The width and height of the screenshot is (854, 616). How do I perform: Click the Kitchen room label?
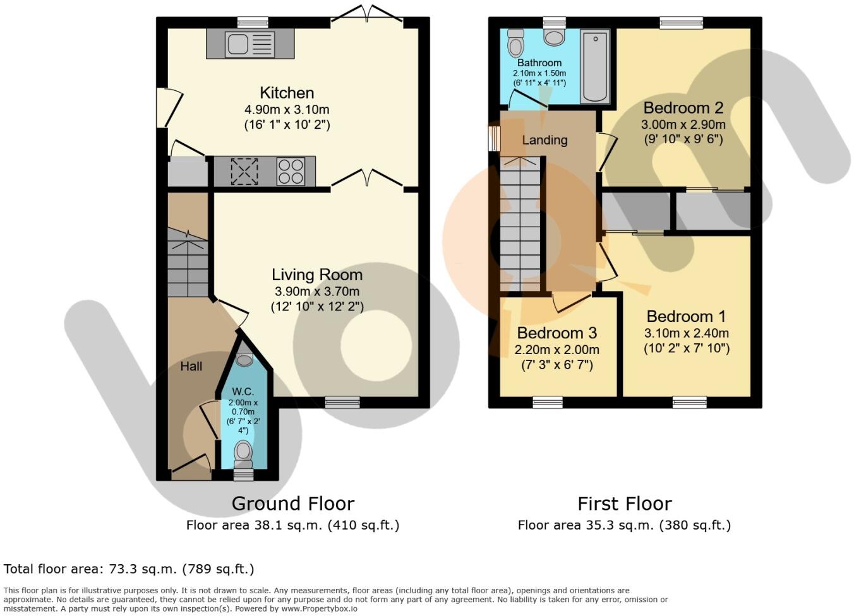click(287, 93)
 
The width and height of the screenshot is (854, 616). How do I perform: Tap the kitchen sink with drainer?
click(250, 44)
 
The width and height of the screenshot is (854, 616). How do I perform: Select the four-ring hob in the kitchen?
click(291, 171)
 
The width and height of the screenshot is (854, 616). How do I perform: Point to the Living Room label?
click(317, 275)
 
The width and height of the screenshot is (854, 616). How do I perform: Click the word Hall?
click(191, 366)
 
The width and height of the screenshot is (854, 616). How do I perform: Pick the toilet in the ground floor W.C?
click(243, 452)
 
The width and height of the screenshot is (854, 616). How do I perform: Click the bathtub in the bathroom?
click(594, 66)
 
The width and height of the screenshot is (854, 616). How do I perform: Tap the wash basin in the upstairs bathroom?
click(554, 37)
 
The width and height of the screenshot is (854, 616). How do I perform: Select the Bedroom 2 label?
click(683, 107)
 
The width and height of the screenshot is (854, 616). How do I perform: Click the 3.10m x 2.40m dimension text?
click(687, 333)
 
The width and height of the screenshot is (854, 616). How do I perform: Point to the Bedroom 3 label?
click(556, 333)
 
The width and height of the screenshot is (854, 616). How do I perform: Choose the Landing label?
click(544, 140)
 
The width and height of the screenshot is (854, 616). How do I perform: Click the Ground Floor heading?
click(292, 504)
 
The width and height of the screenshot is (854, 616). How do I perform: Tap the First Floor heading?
click(624, 504)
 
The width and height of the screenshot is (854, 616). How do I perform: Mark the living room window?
click(342, 402)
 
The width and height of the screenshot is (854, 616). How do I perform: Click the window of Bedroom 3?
click(548, 402)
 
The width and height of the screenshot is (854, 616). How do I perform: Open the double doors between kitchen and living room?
click(367, 180)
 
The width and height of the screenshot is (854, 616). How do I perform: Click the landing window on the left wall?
click(495, 139)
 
